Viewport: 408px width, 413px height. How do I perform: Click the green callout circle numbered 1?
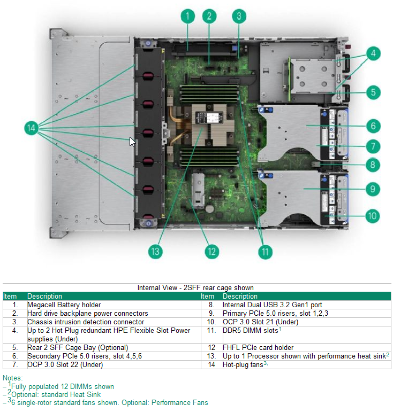(187, 16)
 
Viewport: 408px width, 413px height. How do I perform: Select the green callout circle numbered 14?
(32, 128)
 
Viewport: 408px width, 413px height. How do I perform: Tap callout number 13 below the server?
(155, 251)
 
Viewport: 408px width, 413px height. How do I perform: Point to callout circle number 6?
(373, 126)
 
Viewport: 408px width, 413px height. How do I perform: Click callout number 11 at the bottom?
(265, 251)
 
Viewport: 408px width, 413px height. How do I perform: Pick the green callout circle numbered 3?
(240, 16)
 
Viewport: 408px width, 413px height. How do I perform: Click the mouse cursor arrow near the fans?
(132, 142)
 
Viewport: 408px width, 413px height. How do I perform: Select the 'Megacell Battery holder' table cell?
(64, 305)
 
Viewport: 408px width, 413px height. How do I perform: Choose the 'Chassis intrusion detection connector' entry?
(86, 322)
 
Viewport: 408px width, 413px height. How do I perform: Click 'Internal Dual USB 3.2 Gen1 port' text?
(273, 305)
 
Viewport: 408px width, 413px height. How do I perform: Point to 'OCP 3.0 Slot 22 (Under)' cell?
(65, 364)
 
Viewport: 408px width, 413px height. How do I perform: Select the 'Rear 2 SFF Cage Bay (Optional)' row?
(78, 347)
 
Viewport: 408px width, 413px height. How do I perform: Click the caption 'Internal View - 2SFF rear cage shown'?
(195, 288)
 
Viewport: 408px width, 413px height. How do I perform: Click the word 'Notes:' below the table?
(13, 378)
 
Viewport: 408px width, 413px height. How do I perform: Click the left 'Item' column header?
(10, 296)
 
